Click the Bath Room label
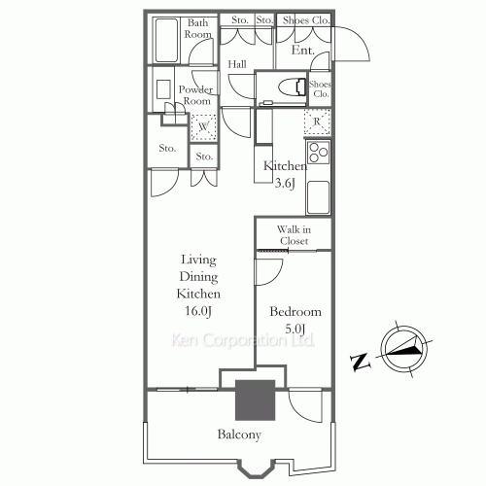[x=197, y=28]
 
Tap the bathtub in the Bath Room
[x=166, y=40]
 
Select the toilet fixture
[x=293, y=87]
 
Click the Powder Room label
[x=195, y=95]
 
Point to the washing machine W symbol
[x=203, y=127]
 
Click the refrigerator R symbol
[x=317, y=122]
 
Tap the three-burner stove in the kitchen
[x=318, y=153]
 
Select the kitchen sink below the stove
[x=318, y=197]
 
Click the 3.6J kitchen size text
[x=285, y=184]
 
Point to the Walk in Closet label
[x=294, y=235]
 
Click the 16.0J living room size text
[x=198, y=311]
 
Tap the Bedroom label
[x=295, y=312]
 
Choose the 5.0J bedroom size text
[x=295, y=330]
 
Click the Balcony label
[x=239, y=434]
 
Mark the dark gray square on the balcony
[x=255, y=400]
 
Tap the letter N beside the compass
[x=360, y=362]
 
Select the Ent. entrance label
[x=303, y=51]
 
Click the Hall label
[x=237, y=64]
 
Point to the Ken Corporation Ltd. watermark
[x=242, y=340]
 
